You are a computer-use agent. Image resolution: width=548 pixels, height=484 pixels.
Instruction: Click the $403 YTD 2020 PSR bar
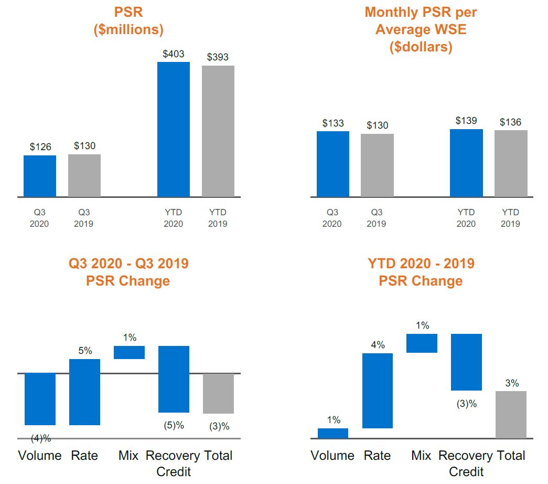174,129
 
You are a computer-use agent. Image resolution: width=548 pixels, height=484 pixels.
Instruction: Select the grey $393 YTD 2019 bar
218,131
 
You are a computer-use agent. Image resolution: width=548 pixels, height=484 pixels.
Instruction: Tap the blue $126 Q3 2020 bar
40,176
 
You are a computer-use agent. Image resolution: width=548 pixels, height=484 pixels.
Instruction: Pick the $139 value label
466,121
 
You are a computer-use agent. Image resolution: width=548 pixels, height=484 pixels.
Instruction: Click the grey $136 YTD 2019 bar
511,163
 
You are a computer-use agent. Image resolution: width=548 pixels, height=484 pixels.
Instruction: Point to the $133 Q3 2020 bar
333,164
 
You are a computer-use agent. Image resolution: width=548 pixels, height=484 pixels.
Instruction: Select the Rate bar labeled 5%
84,392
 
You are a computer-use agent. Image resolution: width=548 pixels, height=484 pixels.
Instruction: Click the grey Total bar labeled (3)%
219,393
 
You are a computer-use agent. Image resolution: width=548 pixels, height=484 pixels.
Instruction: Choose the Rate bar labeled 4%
378,391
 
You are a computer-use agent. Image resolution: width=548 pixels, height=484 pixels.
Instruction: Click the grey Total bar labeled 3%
511,414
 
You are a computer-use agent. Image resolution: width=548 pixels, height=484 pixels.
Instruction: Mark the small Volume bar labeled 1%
333,433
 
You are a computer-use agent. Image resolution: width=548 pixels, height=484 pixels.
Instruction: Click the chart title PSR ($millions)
128,20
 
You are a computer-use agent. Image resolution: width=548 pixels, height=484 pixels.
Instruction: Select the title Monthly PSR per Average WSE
421,29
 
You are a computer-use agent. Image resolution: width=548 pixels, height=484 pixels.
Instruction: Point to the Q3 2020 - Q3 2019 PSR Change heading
128,271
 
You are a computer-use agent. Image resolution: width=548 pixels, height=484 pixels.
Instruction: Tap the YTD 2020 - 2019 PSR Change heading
421,271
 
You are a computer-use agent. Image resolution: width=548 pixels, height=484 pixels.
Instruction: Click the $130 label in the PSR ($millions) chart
84,145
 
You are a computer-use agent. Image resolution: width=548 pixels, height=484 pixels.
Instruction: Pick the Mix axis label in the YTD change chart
421,455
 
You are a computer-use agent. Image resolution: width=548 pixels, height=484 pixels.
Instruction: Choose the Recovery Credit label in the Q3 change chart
173,463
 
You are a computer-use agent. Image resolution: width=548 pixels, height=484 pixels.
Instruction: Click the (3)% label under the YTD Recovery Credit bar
466,404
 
